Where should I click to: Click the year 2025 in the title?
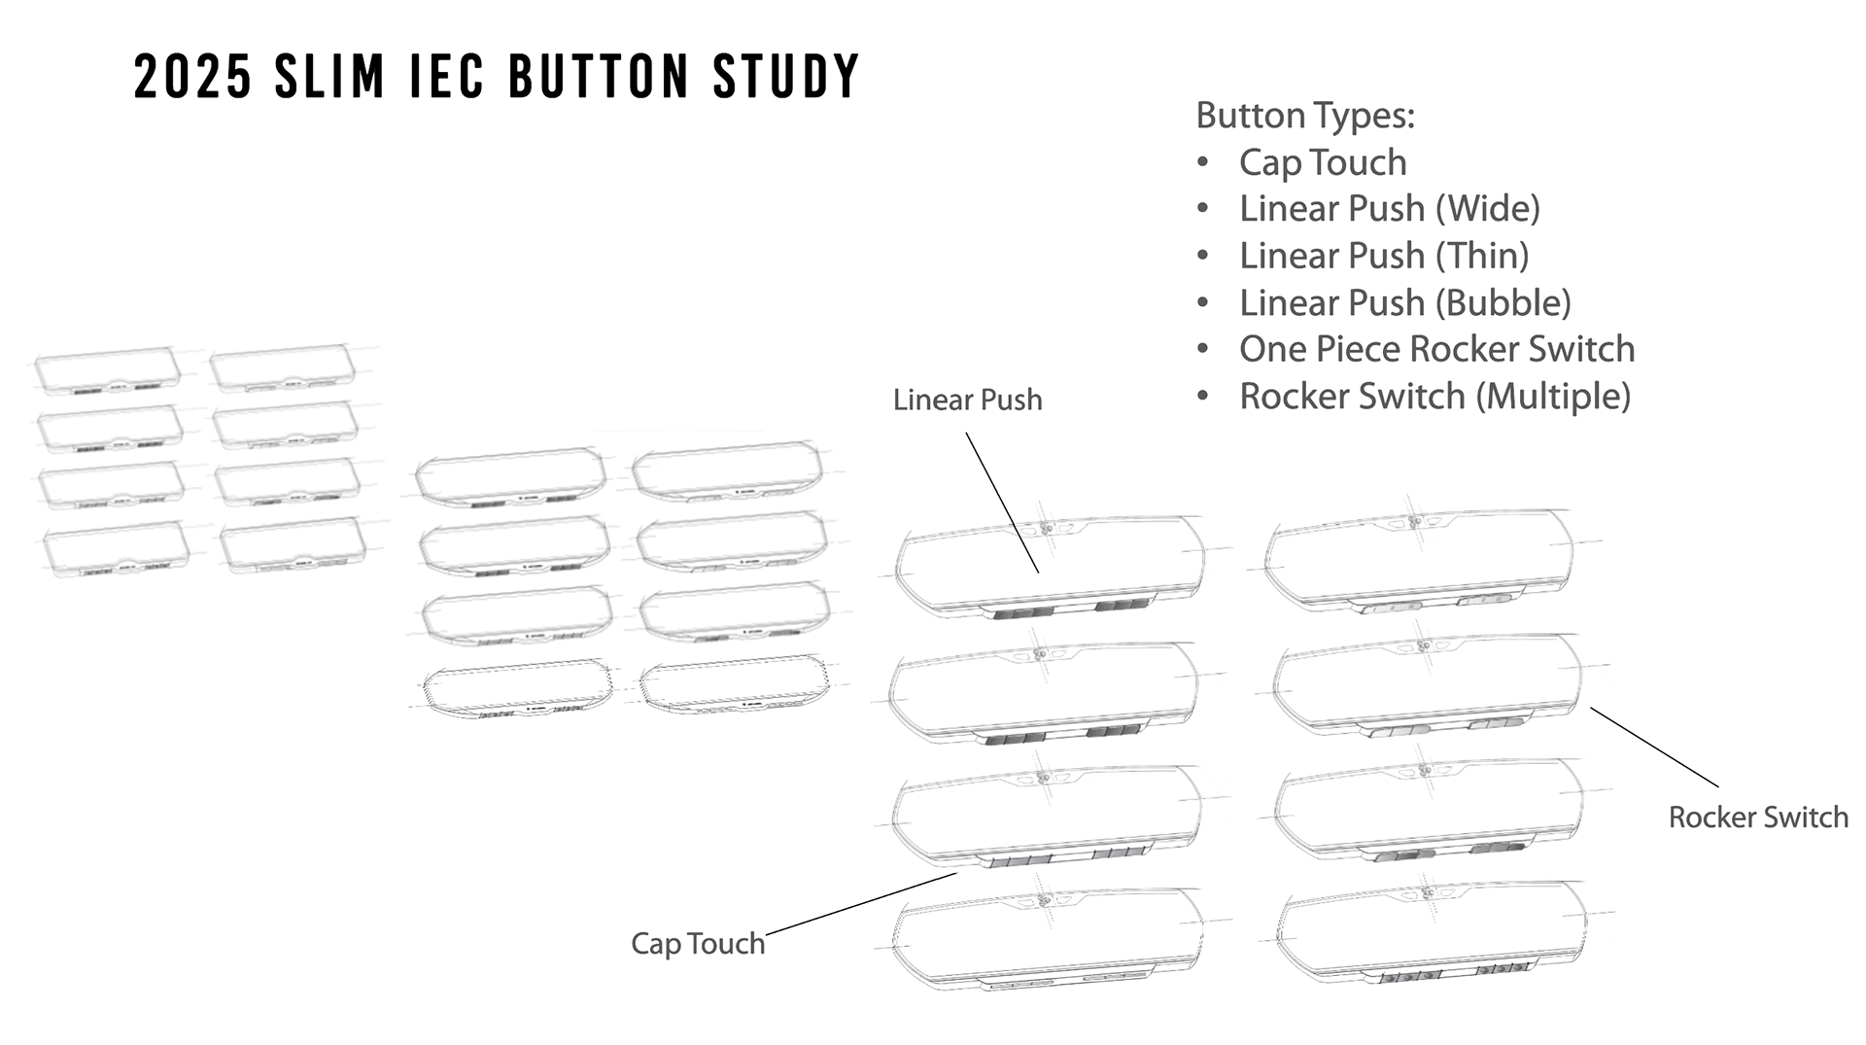point(192,77)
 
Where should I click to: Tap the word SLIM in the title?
point(329,77)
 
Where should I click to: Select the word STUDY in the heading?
point(786,77)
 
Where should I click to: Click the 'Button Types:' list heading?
point(1304,116)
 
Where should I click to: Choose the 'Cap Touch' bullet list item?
point(1322,162)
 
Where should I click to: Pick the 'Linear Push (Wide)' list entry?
point(1389,209)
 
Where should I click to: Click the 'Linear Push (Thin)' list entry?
point(1383,256)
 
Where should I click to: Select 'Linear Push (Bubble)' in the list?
point(1404,302)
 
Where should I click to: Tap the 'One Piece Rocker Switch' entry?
point(1436,349)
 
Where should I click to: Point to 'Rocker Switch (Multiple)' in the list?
point(1434,397)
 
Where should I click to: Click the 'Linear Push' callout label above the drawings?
point(967,400)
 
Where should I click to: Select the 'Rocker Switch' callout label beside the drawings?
point(1758,818)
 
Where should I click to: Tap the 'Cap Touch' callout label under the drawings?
point(698,943)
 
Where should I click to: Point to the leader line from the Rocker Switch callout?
point(1654,747)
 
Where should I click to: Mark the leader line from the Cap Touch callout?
point(861,904)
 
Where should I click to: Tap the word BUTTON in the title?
point(599,77)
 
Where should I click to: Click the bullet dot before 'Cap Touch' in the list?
point(1203,162)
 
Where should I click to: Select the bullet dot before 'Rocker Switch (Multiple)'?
point(1203,397)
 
